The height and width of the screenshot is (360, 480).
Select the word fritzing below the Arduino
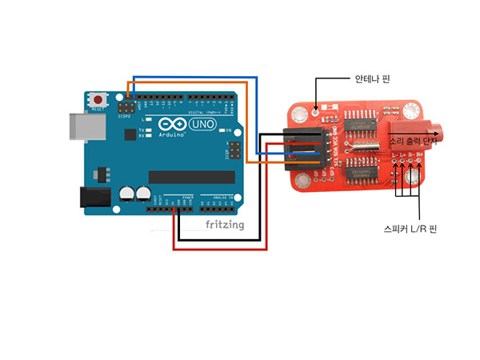(224, 225)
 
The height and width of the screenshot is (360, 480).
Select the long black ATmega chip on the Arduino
(190, 176)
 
